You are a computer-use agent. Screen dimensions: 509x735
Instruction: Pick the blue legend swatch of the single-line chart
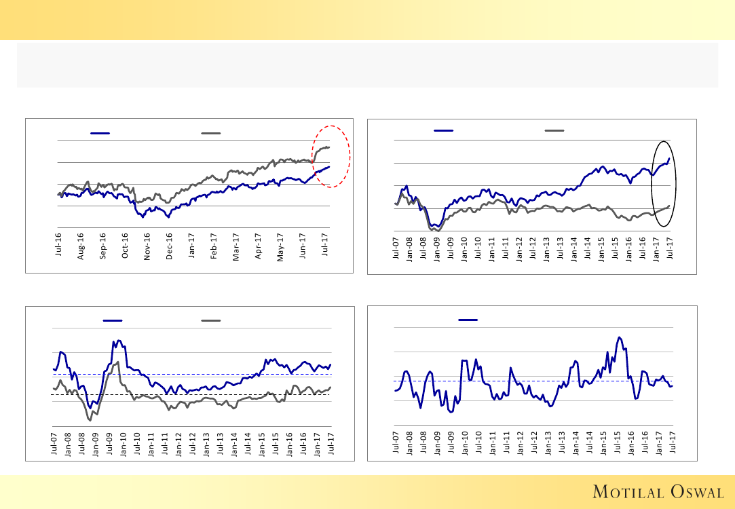click(468, 320)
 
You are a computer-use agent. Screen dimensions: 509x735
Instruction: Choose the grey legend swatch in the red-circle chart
click(211, 134)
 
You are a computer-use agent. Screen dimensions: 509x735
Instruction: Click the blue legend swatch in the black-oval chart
click(444, 130)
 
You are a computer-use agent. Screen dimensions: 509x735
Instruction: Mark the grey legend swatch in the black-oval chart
click(554, 130)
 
